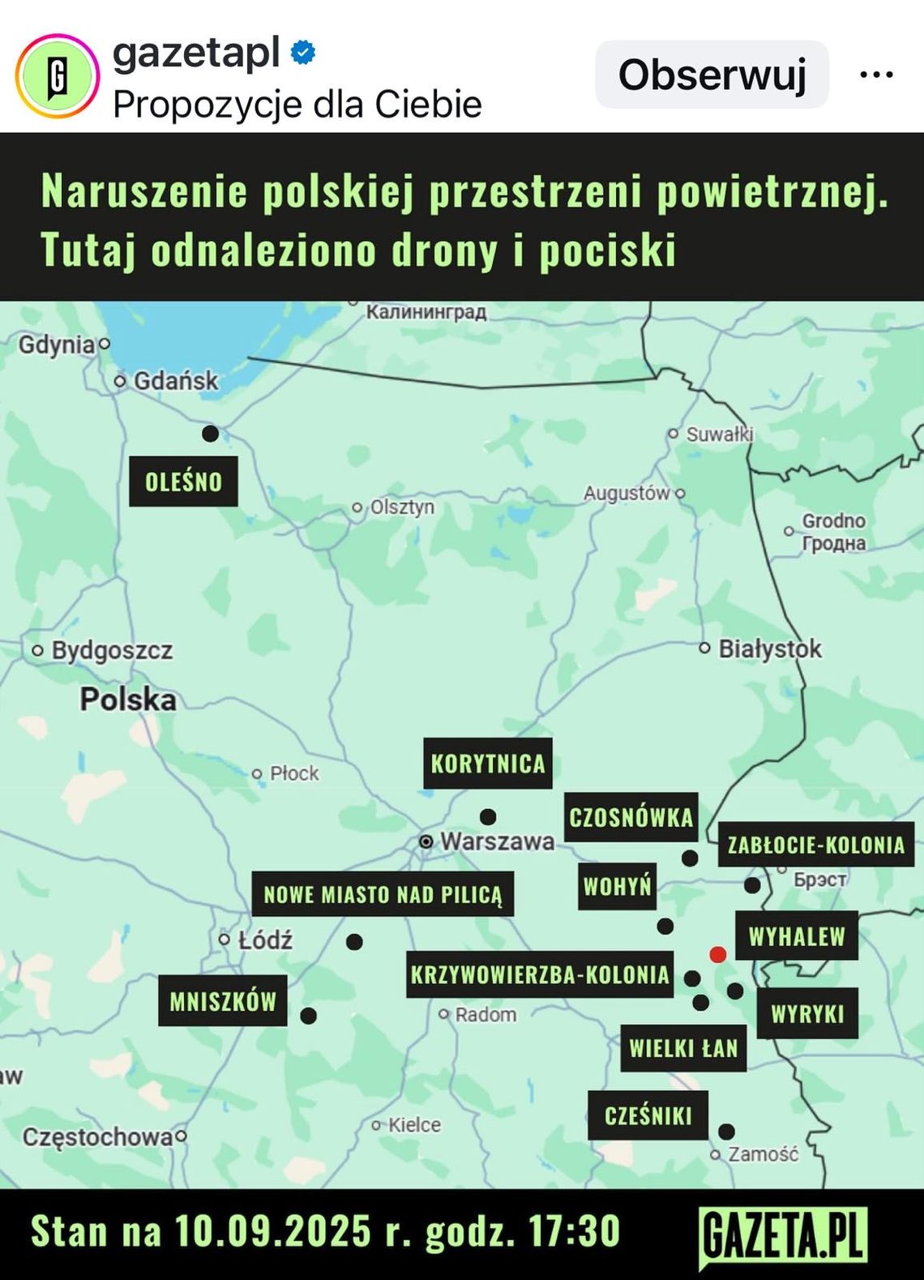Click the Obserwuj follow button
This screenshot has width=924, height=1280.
pos(712,75)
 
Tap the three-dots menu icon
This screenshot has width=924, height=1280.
pos(876,75)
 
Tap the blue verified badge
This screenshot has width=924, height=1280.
pos(303,53)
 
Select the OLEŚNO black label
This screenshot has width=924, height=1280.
pos(183,482)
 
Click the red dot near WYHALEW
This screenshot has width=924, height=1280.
pos(717,954)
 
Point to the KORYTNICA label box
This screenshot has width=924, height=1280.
pos(488,764)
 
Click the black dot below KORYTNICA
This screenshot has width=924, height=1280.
pos(488,816)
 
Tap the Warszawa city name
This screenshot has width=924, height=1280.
pos(497,841)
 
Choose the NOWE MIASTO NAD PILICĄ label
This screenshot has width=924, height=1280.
pos(383,894)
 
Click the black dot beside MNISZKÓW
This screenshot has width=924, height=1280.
pos(309,1015)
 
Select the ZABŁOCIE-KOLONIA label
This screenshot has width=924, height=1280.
pos(815,845)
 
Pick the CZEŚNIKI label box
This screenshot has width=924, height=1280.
pos(648,1115)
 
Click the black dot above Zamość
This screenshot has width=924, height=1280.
pos(727,1131)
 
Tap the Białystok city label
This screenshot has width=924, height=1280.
pos(769,649)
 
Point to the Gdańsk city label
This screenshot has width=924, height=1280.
pos(175,380)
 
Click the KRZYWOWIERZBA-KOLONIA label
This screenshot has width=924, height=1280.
pos(540,974)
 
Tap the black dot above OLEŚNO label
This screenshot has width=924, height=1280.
pos(210,434)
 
